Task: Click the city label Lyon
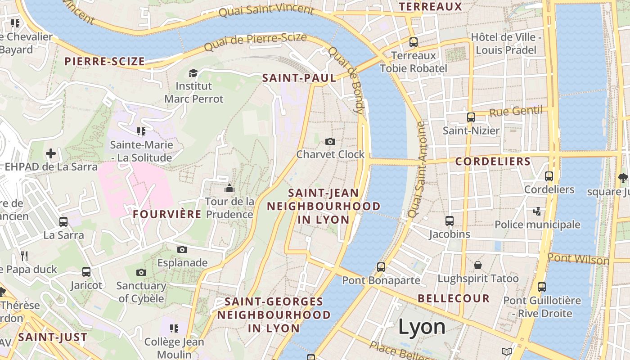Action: tap(422, 327)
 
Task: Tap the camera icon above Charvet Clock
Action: tap(330, 142)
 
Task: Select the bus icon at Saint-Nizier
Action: tap(471, 117)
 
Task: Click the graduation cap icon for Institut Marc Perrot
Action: tap(193, 73)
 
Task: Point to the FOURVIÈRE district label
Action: tap(167, 214)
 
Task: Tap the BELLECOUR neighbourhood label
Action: tap(454, 298)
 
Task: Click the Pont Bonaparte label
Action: tap(381, 280)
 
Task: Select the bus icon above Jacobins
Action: tap(450, 221)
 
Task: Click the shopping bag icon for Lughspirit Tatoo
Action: tap(478, 265)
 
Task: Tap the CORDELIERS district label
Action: tap(493, 162)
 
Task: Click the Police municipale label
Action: tap(537, 225)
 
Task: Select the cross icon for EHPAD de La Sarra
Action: tap(51, 154)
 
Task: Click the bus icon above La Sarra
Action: tap(63, 222)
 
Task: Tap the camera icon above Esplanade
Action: tap(182, 250)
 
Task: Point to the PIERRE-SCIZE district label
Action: tap(104, 62)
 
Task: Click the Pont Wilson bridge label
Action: tap(578, 259)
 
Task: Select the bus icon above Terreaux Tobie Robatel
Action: tap(414, 42)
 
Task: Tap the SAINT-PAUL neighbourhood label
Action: tap(299, 78)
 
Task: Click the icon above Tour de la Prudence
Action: tap(229, 188)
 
